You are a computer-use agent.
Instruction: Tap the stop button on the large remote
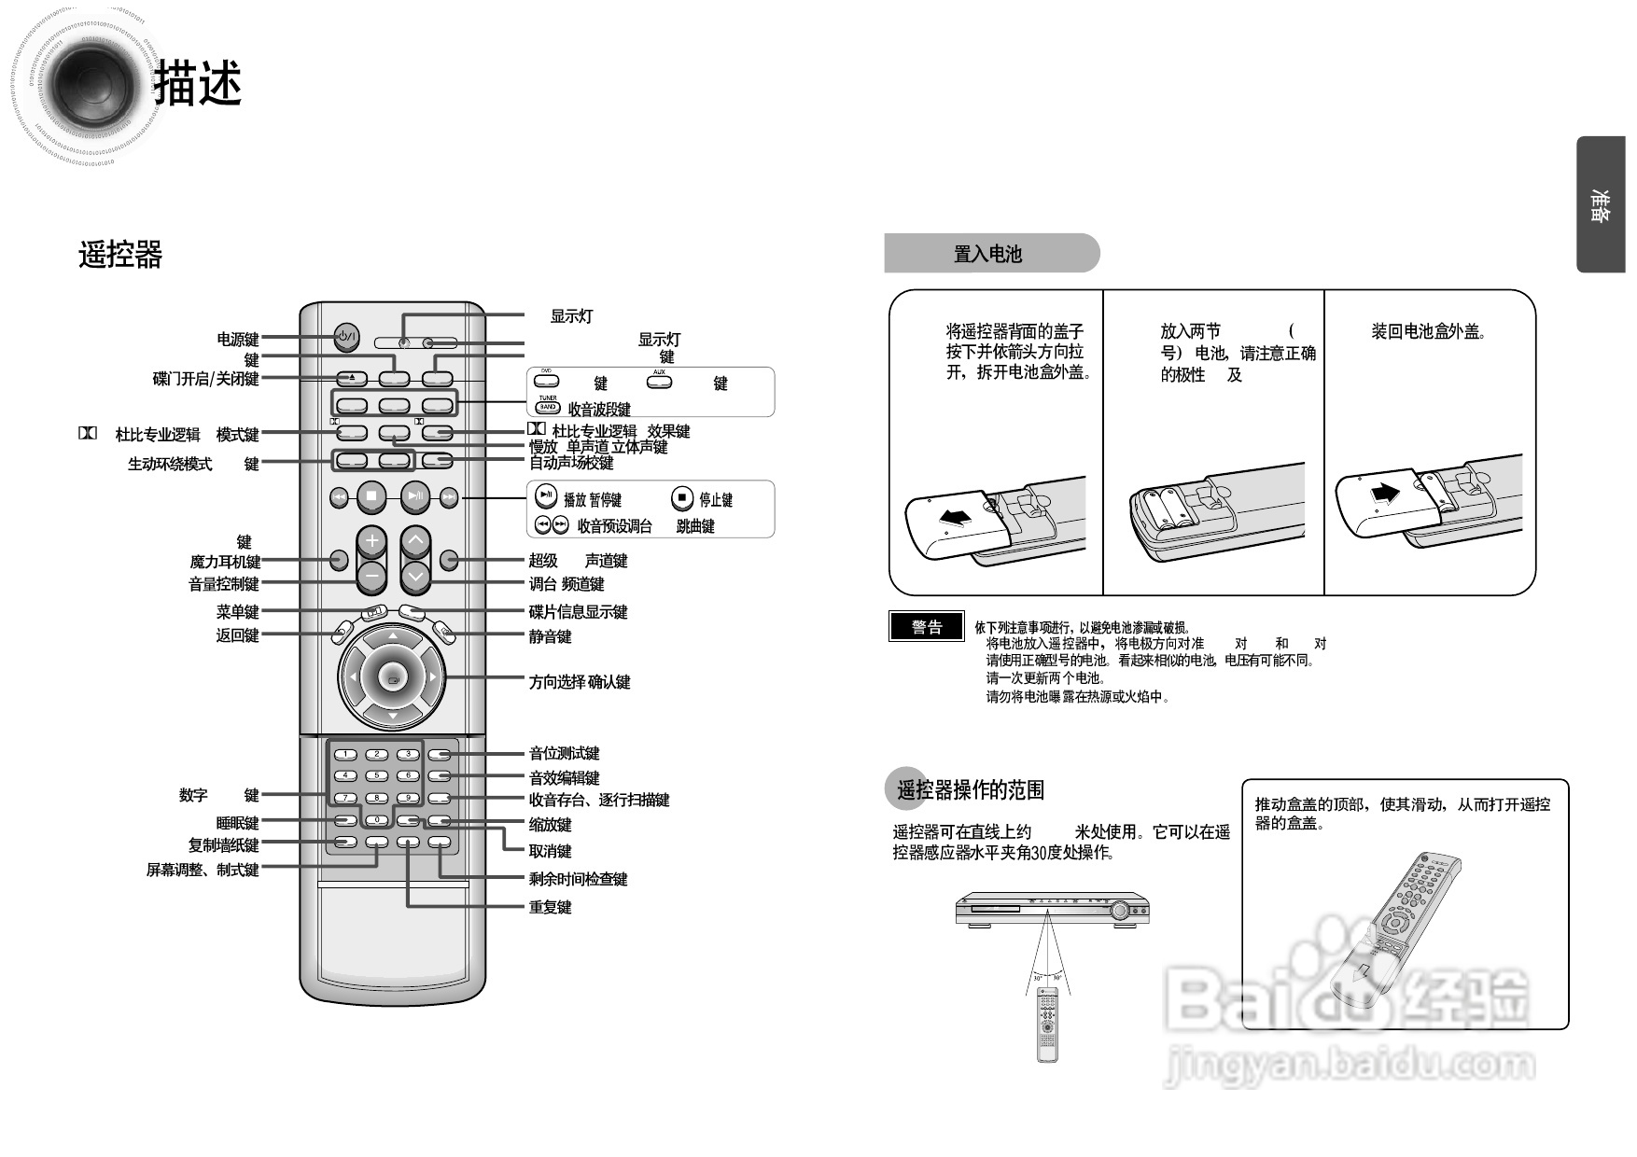371,497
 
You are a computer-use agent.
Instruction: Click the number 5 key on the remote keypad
376,775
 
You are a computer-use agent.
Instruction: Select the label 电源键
238,340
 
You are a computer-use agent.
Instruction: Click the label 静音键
550,636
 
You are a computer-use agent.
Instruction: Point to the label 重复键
550,907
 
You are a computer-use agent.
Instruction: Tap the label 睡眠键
237,823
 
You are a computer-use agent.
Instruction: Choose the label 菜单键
237,612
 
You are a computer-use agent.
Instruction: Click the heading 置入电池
988,254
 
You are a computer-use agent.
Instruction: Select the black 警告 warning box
927,627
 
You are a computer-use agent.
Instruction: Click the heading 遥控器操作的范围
970,790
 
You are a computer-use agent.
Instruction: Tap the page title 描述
198,84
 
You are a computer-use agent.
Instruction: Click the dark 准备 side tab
1600,205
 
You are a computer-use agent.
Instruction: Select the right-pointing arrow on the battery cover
1385,493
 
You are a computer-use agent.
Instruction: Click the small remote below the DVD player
1047,1025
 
